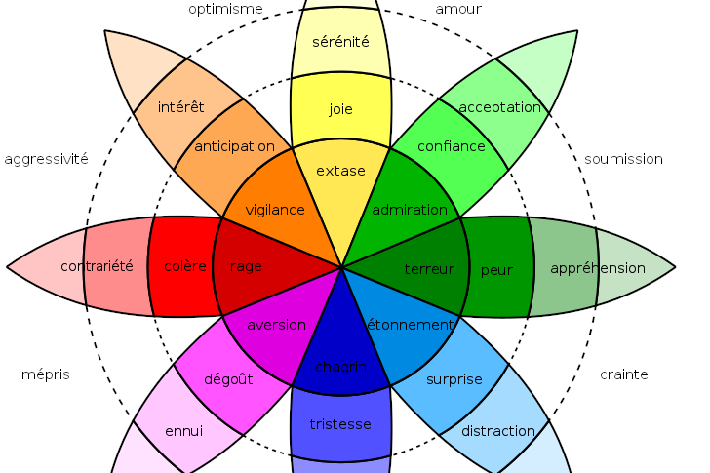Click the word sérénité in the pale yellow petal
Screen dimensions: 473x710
pyautogui.click(x=340, y=42)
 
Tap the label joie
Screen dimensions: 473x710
pyautogui.click(x=340, y=109)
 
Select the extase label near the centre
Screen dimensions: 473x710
pyautogui.click(x=340, y=171)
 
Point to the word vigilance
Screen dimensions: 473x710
pyautogui.click(x=275, y=210)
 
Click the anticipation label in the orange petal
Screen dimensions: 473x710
pyautogui.click(x=234, y=146)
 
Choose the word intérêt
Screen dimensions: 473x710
pyautogui.click(x=180, y=106)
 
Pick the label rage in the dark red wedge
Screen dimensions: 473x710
pyautogui.click(x=246, y=266)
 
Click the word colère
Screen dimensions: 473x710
pyautogui.click(x=185, y=266)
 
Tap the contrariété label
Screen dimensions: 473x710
pyautogui.click(x=97, y=266)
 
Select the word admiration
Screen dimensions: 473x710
pyautogui.click(x=410, y=210)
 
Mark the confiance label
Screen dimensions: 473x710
pyautogui.click(x=451, y=146)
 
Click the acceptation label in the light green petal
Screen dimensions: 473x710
pyautogui.click(x=499, y=107)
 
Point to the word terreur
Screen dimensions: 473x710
pyautogui.click(x=429, y=268)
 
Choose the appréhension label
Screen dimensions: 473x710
pyautogui.click(x=598, y=268)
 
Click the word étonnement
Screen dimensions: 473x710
pyautogui.click(x=411, y=324)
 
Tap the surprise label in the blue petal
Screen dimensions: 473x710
pyautogui.click(x=454, y=379)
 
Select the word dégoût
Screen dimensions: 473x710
pyautogui.click(x=228, y=379)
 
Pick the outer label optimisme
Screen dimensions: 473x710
pyautogui.click(x=225, y=9)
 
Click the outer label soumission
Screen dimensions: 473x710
pyautogui.click(x=623, y=159)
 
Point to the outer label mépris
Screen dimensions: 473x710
pyautogui.click(x=46, y=374)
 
